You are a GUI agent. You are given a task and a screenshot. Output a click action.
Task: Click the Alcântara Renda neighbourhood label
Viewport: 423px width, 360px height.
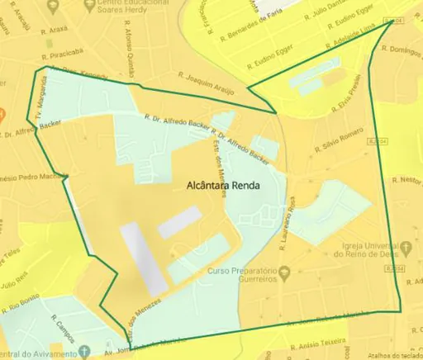click(222, 186)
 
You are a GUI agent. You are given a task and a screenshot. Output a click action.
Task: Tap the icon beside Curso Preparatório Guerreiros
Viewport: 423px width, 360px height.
click(283, 272)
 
